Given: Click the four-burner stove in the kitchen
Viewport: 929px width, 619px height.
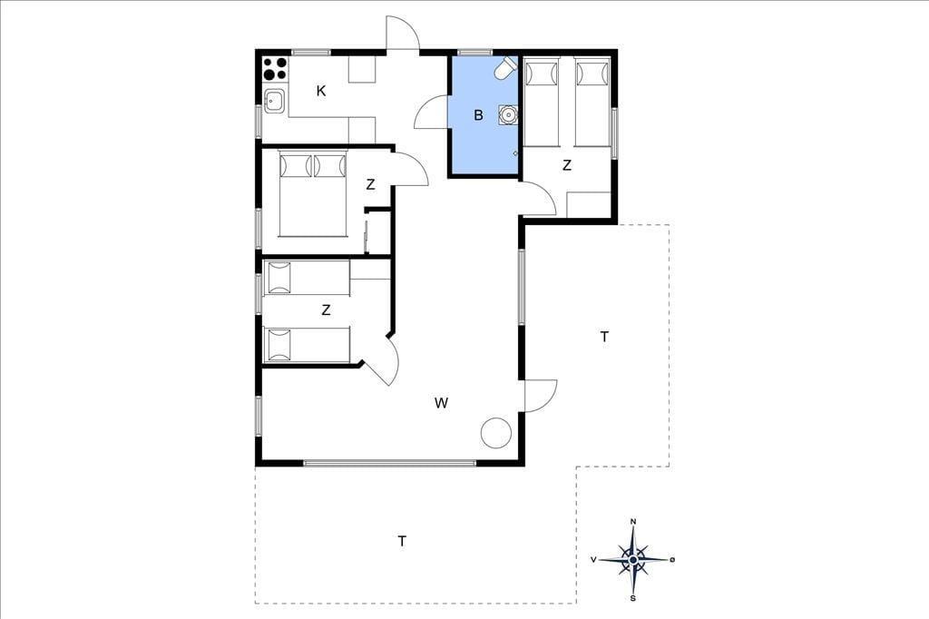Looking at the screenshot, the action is (275, 68).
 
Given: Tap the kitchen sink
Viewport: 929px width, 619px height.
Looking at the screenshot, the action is (275, 101).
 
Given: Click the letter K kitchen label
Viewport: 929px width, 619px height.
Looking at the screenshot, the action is (321, 91).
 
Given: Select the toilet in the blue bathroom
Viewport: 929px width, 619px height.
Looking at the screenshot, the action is (505, 67).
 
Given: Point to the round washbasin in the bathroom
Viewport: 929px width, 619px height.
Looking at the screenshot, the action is (508, 113).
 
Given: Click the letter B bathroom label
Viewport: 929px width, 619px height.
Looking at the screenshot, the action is (479, 115).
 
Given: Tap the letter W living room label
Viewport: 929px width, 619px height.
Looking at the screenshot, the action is (441, 403).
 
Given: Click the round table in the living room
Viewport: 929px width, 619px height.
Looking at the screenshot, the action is (496, 433).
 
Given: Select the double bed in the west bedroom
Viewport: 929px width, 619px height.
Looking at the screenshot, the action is (312, 194).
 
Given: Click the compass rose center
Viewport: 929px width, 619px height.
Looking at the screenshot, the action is (633, 559).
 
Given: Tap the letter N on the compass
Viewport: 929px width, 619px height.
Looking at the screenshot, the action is (633, 522).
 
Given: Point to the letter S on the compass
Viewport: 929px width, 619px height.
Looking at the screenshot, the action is (633, 597).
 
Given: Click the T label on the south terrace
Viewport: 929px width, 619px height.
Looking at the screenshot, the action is (402, 541).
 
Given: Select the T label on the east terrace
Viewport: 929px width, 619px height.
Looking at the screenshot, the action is (604, 337).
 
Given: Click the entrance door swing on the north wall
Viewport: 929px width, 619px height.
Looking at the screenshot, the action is (403, 33).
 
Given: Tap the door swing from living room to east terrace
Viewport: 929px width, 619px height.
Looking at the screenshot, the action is (541, 395).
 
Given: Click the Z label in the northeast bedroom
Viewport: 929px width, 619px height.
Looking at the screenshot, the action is (567, 165).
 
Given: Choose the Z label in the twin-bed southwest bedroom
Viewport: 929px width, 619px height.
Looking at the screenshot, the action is (326, 309).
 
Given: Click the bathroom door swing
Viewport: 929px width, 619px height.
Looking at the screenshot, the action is (431, 112).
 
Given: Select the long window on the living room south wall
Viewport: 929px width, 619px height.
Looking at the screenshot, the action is (389, 463).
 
